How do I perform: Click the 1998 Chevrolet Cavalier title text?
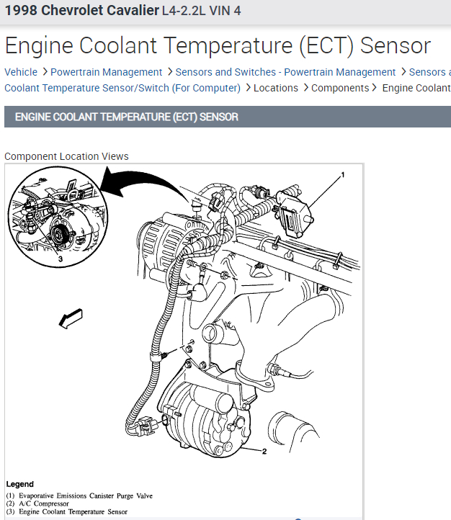(x=81, y=12)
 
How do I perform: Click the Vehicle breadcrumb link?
(x=21, y=72)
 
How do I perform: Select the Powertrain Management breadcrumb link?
(x=106, y=72)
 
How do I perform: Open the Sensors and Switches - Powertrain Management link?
(x=285, y=72)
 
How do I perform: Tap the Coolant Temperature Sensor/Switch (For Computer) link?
(x=122, y=88)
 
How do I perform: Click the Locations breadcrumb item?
(x=276, y=88)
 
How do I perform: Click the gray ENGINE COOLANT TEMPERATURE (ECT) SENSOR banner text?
(x=126, y=117)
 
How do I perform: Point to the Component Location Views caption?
(x=66, y=156)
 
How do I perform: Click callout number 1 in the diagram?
(x=343, y=174)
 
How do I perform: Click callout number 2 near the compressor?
(x=264, y=452)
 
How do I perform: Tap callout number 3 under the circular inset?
(x=60, y=259)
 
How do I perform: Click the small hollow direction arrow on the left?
(x=72, y=317)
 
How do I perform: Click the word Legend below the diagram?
(x=19, y=484)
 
